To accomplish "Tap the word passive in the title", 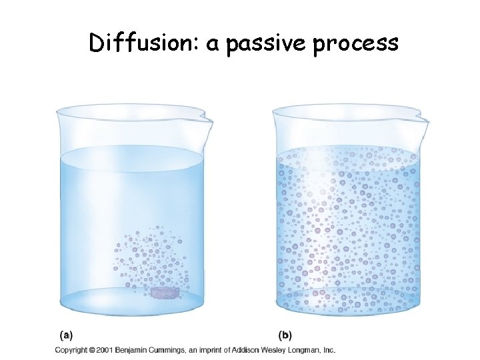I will click(x=262, y=44).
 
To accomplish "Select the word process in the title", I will click(x=357, y=44).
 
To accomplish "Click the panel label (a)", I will click(x=66, y=335).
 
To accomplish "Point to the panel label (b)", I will click(x=285, y=335).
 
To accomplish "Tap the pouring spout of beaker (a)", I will click(x=205, y=121).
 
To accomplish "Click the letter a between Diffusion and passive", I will click(x=215, y=45).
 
